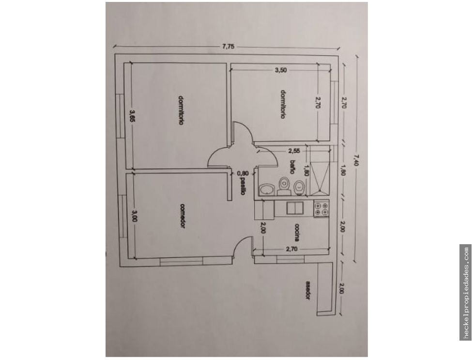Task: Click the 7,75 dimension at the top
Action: [228, 47]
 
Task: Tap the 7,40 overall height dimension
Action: [356, 160]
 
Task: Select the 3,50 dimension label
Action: [281, 70]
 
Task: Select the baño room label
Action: [292, 167]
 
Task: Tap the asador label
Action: [307, 290]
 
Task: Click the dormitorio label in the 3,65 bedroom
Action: [180, 110]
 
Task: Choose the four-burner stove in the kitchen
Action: [321, 209]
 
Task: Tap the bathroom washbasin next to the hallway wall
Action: [266, 189]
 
